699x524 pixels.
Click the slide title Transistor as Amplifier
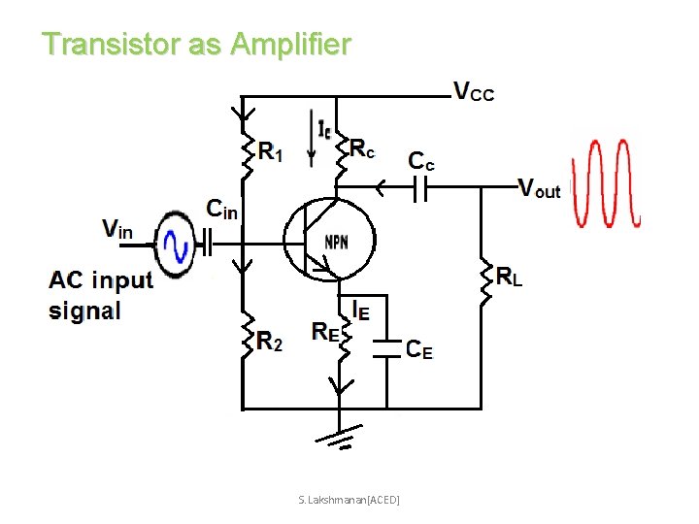(196, 44)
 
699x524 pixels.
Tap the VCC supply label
(474, 92)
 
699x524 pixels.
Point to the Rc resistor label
(362, 147)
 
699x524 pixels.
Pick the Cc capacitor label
(421, 161)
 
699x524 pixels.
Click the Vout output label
(539, 188)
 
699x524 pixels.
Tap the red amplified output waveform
(604, 183)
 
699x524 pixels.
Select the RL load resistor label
(510, 278)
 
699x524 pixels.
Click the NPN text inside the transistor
(337, 241)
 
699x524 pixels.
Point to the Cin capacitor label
(221, 208)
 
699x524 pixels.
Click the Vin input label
(117, 230)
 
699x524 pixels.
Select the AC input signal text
(101, 295)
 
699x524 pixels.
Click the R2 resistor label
(270, 340)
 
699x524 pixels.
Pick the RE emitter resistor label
(325, 331)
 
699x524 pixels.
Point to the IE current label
(360, 310)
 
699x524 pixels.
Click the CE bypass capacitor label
(419, 349)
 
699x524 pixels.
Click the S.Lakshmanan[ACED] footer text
(349, 499)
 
